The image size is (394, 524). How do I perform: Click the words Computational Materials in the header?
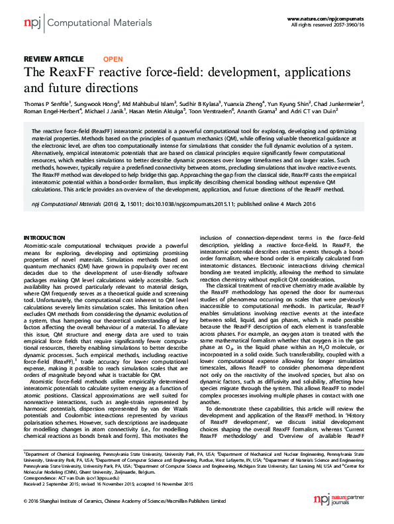coord(86,23)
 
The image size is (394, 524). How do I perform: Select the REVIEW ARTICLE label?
coord(54,59)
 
